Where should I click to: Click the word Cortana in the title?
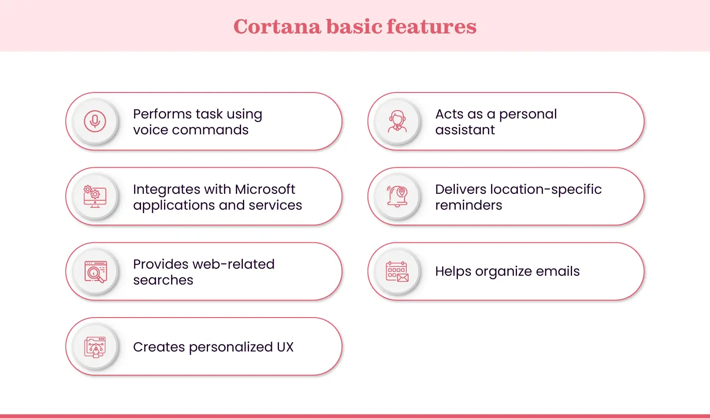[x=277, y=26]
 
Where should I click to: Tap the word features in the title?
[x=432, y=26]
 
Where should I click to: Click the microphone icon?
[x=95, y=121]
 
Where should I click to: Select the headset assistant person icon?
[x=397, y=121]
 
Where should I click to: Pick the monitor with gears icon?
[x=95, y=196]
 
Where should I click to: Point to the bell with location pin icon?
[x=397, y=196]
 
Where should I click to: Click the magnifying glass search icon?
[x=95, y=272]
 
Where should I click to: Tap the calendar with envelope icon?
[x=397, y=272]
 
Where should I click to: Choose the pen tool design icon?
[x=95, y=347]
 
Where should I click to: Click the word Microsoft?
[x=265, y=189]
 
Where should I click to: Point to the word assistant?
[x=465, y=130]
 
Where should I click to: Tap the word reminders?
[x=468, y=205]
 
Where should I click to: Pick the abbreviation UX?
[x=285, y=347]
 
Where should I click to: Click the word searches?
[x=163, y=280]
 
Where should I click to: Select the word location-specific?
[x=546, y=190]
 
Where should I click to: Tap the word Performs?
[x=162, y=114]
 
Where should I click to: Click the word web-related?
[x=231, y=264]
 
